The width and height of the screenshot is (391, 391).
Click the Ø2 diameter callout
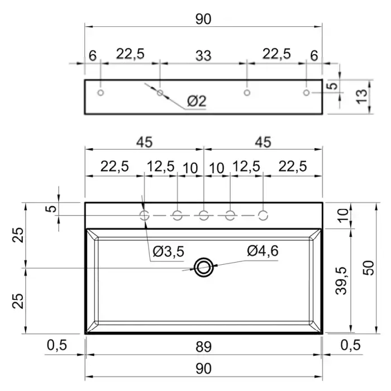(197, 101)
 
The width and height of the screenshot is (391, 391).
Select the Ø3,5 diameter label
(169, 251)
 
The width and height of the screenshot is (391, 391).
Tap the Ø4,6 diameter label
(263, 251)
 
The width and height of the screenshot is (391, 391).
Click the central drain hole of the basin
(203, 268)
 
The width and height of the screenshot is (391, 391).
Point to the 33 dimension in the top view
(203, 56)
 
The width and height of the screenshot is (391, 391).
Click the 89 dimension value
(203, 347)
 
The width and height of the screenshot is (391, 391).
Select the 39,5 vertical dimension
(341, 281)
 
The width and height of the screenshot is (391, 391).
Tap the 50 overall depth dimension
(369, 268)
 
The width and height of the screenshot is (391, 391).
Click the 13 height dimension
(362, 96)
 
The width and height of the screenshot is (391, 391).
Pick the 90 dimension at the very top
(203, 19)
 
